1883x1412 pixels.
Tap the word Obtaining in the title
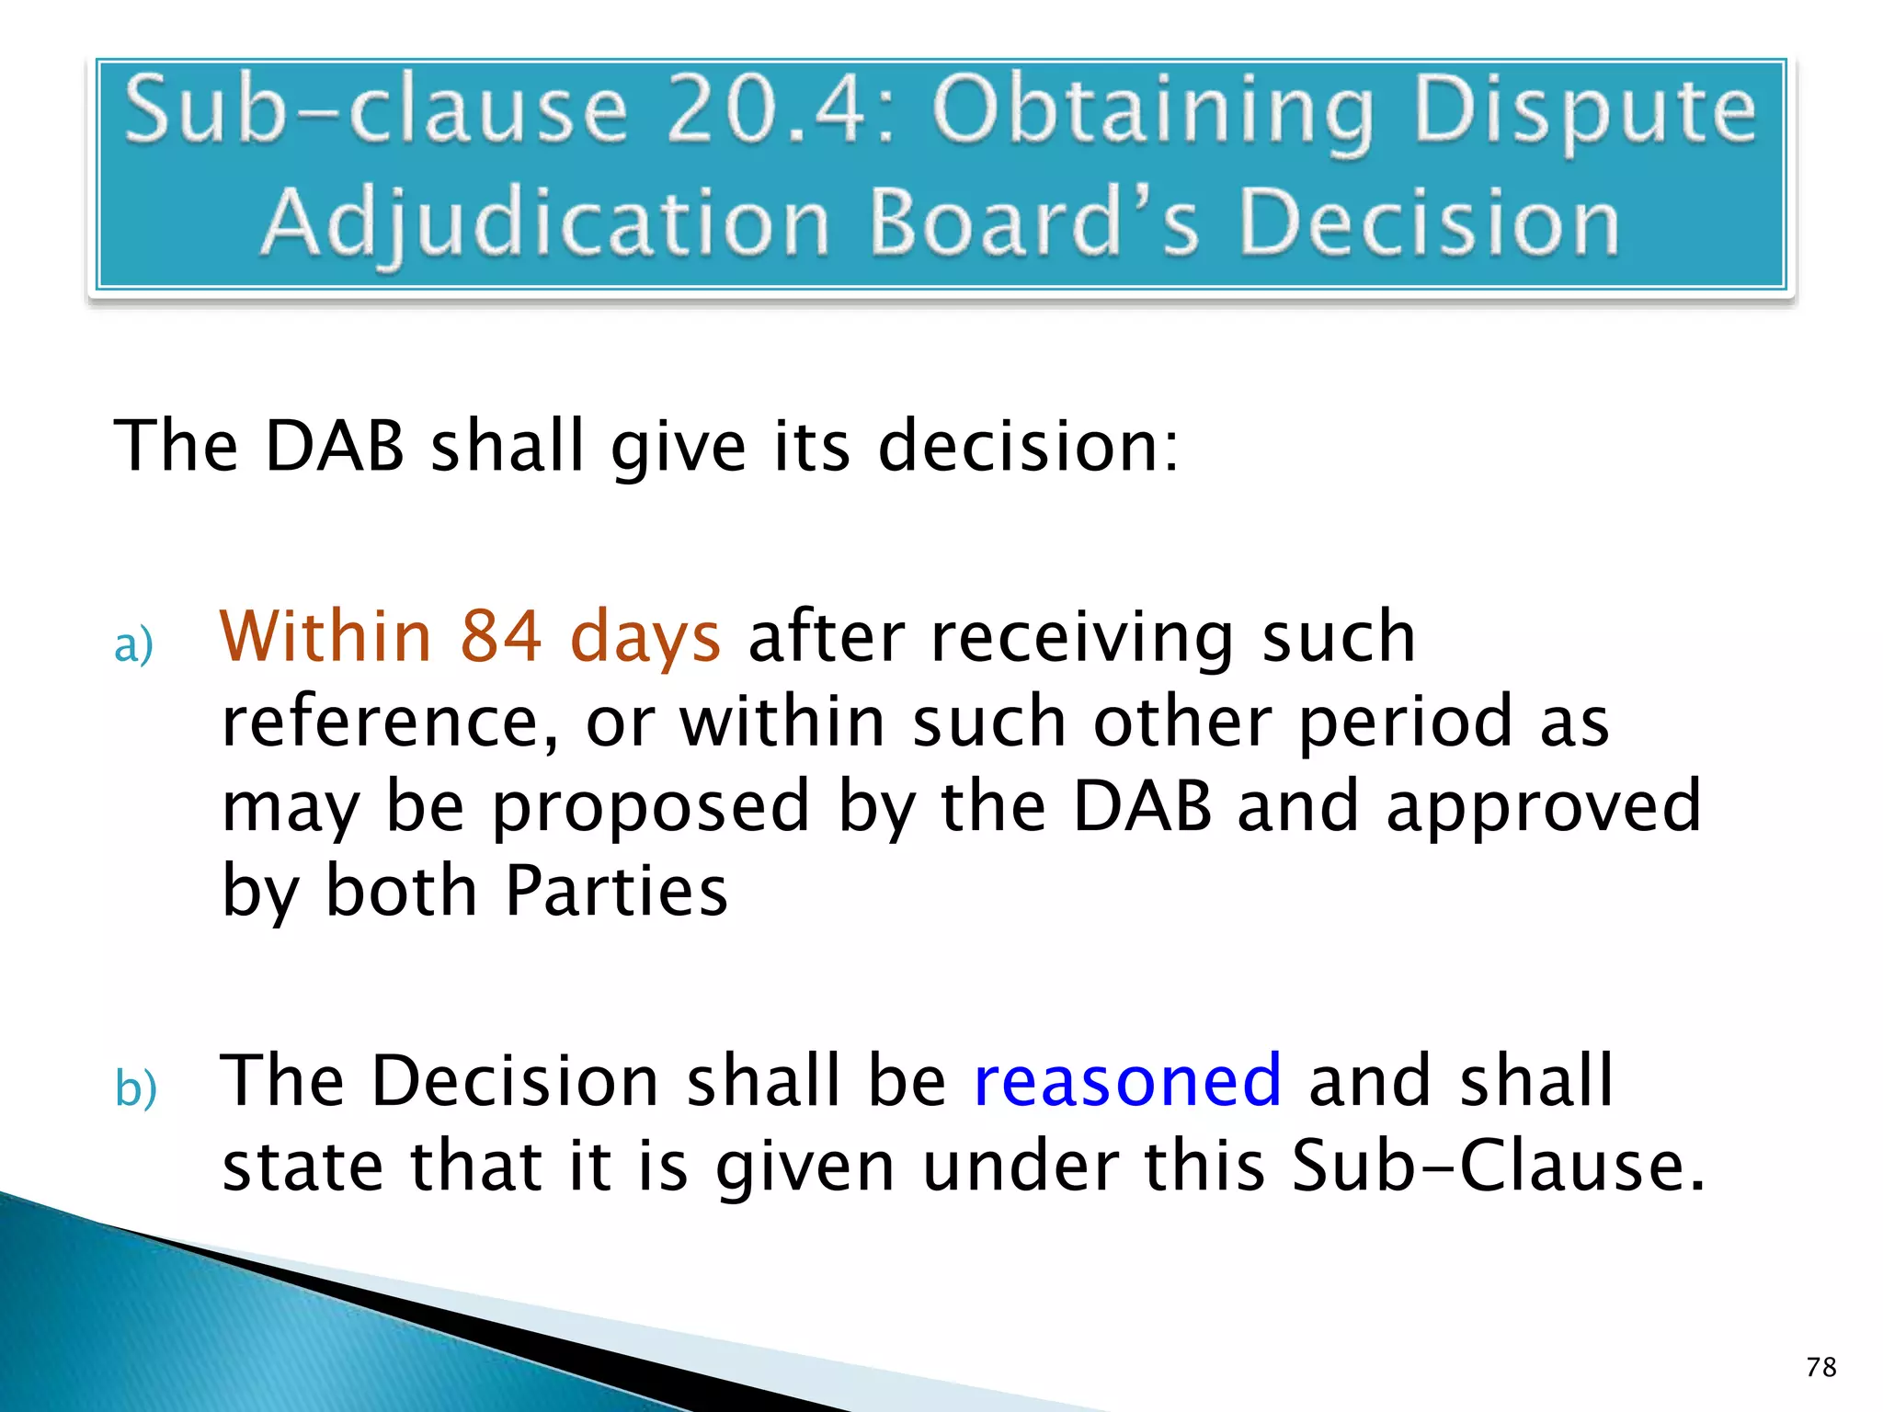pos(1153,115)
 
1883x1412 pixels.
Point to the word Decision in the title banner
pos(1429,222)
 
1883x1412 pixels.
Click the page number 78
pos(1820,1367)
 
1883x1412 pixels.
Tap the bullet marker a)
pos(133,644)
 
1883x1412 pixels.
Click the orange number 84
pos(500,636)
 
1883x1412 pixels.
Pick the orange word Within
pos(325,636)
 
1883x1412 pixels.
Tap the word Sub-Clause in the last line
pos(1498,1166)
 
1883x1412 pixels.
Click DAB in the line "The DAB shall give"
pos(335,446)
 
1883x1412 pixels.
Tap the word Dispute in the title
pos(1584,115)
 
